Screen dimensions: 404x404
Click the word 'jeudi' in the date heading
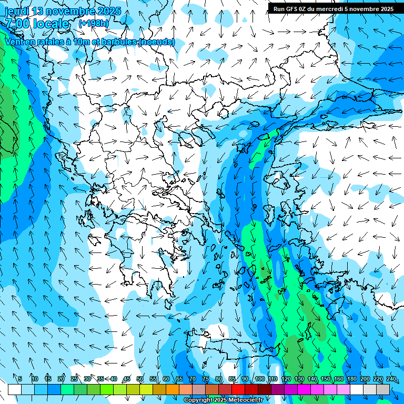[16, 11]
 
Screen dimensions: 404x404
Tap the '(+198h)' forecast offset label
[94, 24]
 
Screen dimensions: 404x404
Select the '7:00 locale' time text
[37, 24]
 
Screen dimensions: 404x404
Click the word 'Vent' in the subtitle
[14, 42]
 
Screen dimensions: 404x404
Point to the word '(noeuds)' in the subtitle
[157, 42]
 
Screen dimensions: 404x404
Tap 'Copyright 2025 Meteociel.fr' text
[223, 400]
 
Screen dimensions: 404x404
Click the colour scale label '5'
[20, 379]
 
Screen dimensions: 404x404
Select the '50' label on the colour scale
[140, 379]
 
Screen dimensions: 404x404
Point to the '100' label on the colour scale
[259, 379]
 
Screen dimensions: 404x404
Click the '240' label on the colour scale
[391, 379]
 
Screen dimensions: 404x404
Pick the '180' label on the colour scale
[351, 379]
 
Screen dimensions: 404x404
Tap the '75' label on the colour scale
[206, 379]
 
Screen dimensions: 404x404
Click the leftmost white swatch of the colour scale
[15, 389]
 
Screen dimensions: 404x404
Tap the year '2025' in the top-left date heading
[108, 11]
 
